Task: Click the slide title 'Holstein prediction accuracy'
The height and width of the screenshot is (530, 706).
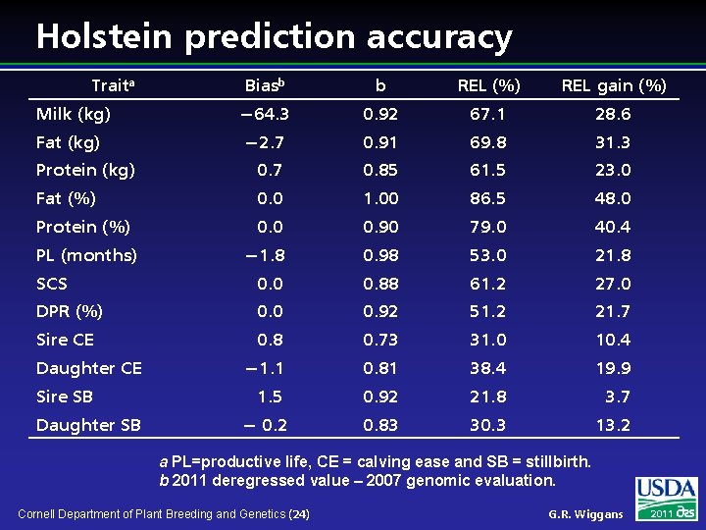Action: (274, 36)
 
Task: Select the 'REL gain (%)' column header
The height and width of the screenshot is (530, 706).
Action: (613, 86)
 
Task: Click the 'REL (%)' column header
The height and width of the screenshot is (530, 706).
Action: (487, 86)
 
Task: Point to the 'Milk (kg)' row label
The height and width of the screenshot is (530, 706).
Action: (74, 115)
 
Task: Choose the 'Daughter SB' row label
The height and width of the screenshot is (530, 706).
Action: (88, 425)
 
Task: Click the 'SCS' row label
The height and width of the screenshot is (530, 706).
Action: (52, 284)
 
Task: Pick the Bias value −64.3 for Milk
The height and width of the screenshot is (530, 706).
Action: (265, 115)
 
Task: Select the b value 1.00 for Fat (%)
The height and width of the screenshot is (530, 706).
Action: (380, 198)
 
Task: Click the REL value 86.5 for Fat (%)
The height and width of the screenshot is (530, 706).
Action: (487, 198)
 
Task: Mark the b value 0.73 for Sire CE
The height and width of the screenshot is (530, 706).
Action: (380, 340)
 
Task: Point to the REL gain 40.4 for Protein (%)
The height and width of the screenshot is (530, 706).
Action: (613, 227)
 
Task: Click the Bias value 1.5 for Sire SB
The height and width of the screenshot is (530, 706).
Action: (270, 397)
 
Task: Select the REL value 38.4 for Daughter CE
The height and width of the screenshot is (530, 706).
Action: (487, 368)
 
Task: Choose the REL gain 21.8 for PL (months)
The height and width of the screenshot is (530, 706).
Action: (613, 255)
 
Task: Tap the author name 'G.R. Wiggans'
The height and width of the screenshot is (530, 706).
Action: (585, 514)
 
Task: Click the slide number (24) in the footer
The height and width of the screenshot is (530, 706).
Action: (300, 514)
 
